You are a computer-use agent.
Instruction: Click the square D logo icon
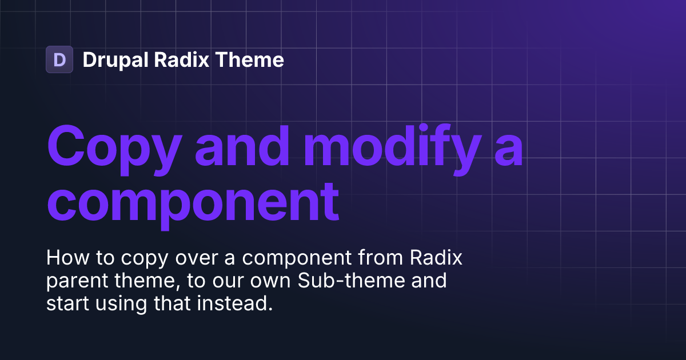tap(59, 59)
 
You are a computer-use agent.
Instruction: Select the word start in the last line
tap(66, 304)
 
